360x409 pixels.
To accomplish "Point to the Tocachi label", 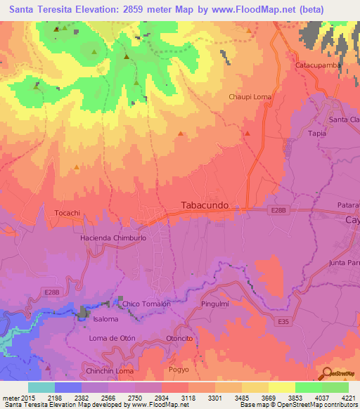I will point(68,212).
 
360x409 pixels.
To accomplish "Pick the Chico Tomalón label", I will point(146,304).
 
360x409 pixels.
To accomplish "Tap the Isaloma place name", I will point(105,318).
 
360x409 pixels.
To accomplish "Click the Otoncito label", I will point(179,338).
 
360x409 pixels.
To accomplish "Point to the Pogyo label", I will point(179,369).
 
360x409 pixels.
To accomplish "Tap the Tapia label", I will point(318,133).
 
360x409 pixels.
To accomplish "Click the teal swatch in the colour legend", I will point(41,387).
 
